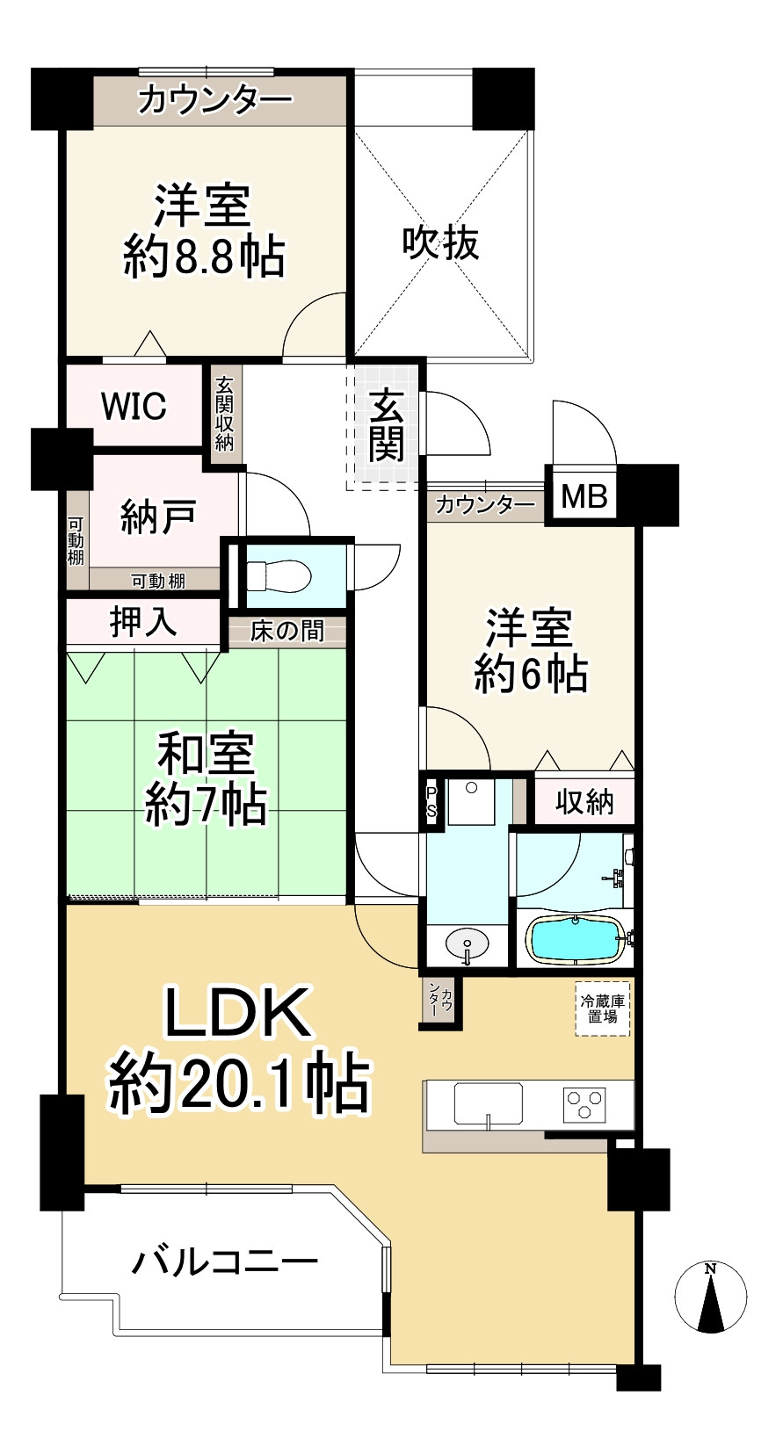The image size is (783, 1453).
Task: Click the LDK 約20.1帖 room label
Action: point(237,1051)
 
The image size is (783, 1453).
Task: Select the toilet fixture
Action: point(278,576)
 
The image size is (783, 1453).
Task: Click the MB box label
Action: point(584,497)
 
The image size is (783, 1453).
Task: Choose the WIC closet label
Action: point(134,407)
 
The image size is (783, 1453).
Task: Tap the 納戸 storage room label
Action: point(157,517)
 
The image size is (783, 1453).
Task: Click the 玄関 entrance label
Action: point(386,425)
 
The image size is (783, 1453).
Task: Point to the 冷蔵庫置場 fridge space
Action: point(603,1008)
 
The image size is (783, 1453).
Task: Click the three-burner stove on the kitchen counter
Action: point(584,1102)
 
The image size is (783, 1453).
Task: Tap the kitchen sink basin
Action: point(488,1103)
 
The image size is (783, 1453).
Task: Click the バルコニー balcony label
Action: point(224,1262)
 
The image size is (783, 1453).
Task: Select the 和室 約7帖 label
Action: point(206,778)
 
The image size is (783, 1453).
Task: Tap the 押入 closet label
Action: point(142,622)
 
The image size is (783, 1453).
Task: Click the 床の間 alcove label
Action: point(286,631)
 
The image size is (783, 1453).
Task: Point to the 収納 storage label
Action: point(584,801)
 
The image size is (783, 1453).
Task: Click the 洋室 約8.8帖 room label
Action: point(203,231)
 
